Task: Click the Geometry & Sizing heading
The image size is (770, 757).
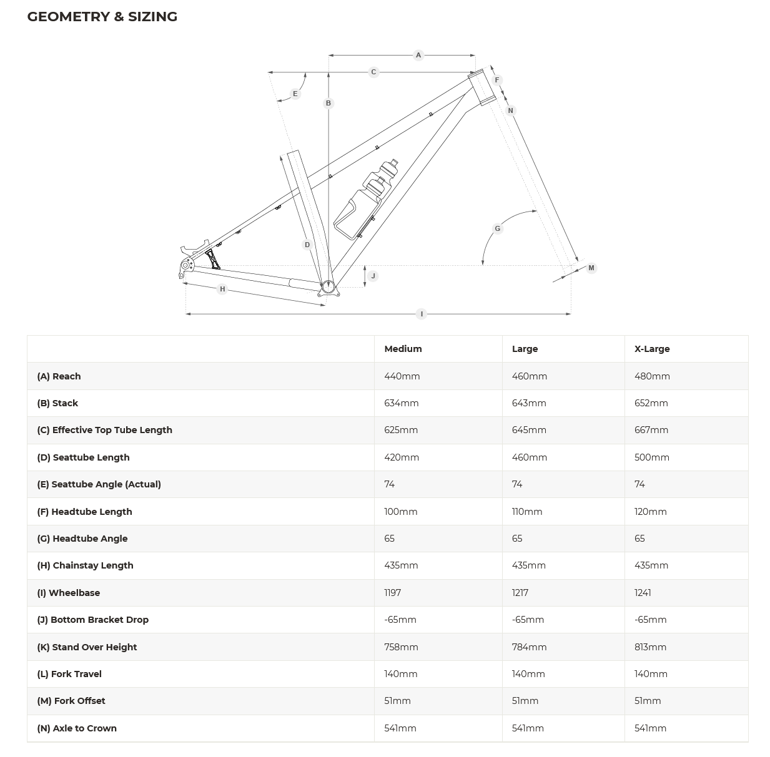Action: click(102, 17)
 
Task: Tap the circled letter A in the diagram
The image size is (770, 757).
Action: click(418, 55)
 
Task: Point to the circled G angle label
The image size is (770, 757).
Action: click(498, 228)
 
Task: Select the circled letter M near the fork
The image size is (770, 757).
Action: click(591, 268)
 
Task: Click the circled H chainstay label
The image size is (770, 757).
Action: click(222, 289)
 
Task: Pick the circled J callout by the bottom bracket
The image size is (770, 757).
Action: click(373, 276)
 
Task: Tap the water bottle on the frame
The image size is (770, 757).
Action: click(366, 199)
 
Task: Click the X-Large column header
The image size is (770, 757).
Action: click(652, 349)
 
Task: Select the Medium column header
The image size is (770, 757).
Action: click(403, 349)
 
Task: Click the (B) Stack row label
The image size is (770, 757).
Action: click(57, 403)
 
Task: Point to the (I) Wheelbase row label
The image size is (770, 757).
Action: click(68, 593)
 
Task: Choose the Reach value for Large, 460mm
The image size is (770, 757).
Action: click(529, 376)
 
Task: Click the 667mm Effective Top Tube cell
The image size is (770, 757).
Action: click(651, 430)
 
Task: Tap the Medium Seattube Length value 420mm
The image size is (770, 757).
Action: click(402, 457)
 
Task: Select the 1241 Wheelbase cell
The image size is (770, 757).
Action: click(643, 593)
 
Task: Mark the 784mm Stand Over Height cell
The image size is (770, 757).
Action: click(529, 647)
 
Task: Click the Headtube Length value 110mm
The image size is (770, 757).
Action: click(527, 512)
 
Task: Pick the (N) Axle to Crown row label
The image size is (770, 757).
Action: click(77, 728)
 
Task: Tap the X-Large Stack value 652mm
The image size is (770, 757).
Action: click(651, 403)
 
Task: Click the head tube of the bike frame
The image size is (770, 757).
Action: click(481, 87)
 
